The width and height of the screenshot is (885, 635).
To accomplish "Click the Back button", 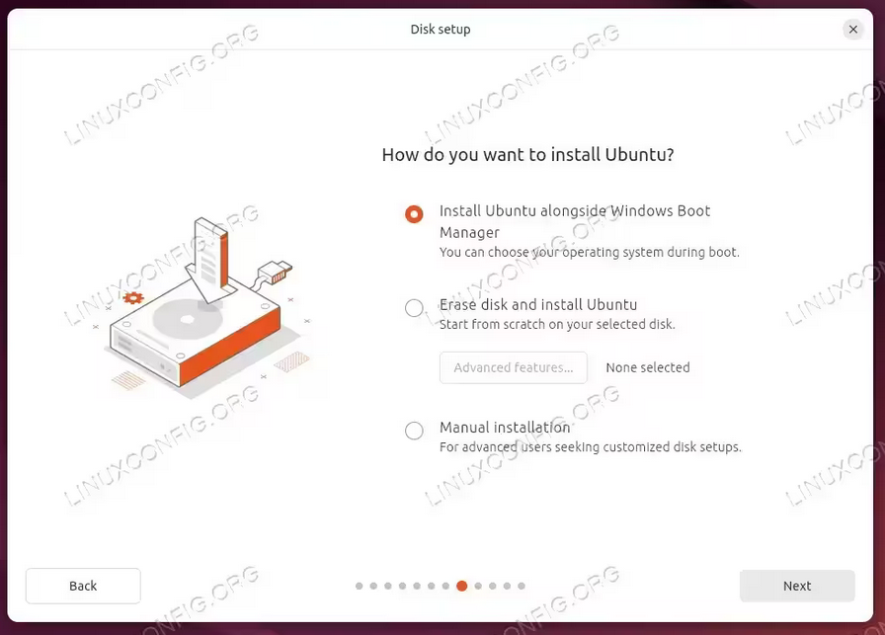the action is (x=83, y=586).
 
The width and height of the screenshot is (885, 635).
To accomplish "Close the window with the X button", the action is (x=853, y=29).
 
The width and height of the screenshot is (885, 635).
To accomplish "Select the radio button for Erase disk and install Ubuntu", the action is (x=414, y=307).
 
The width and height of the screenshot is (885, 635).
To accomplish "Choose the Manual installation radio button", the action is (x=414, y=431).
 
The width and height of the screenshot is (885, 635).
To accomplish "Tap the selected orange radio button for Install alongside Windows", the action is (x=414, y=214).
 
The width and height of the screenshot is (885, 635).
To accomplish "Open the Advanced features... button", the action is (x=513, y=367).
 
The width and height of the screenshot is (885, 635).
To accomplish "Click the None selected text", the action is (x=648, y=367).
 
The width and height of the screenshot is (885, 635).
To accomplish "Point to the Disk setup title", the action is (x=441, y=30).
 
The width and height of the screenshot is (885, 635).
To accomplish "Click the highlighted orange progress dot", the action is (x=461, y=586).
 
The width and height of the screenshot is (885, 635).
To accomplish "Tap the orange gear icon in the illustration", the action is (x=133, y=297).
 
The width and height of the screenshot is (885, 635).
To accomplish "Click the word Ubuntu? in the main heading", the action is (x=639, y=155).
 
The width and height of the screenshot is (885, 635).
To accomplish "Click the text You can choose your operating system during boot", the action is (x=590, y=252).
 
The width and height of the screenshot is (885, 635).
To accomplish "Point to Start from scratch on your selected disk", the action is (x=557, y=324).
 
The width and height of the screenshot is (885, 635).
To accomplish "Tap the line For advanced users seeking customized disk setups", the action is (x=591, y=447).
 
